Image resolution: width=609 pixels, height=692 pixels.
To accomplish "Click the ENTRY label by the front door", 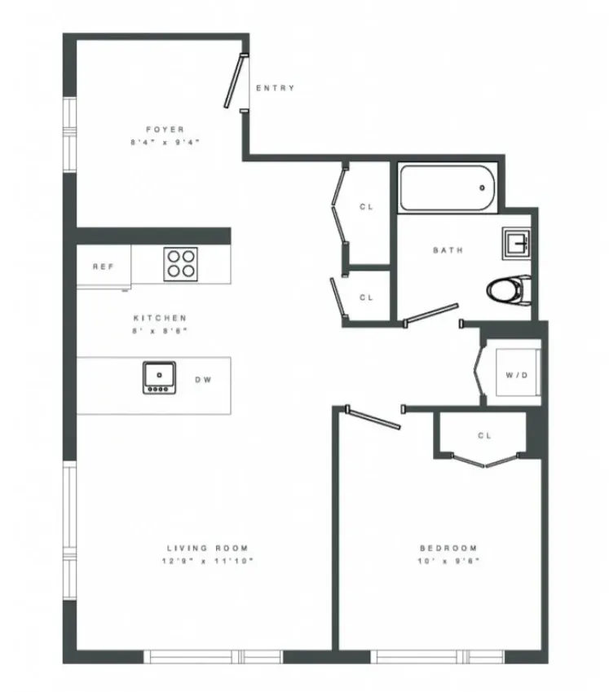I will pyautogui.click(x=275, y=88).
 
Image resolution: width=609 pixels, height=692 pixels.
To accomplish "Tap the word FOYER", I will pyautogui.click(x=165, y=129).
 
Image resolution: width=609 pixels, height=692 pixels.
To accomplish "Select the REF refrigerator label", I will pyautogui.click(x=102, y=267).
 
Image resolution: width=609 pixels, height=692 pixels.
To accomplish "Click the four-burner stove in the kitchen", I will pyautogui.click(x=180, y=263).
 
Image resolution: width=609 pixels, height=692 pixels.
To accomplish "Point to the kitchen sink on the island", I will pyautogui.click(x=160, y=377).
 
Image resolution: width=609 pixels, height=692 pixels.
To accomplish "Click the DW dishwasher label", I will pyautogui.click(x=201, y=379).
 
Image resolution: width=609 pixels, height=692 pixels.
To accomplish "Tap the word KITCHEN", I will pyautogui.click(x=160, y=318).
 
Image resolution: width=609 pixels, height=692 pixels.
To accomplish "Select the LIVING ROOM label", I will pyautogui.click(x=207, y=549).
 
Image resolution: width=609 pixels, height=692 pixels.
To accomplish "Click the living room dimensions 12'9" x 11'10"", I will pyautogui.click(x=207, y=562).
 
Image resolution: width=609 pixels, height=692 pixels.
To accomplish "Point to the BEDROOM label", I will pyautogui.click(x=448, y=549).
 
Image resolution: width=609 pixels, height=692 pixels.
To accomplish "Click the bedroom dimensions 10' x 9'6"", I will pyautogui.click(x=448, y=562).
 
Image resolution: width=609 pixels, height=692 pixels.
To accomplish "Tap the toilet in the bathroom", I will pyautogui.click(x=506, y=288).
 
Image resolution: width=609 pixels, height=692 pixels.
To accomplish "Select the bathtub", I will pyautogui.click(x=447, y=188).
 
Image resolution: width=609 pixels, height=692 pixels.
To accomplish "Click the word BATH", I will pyautogui.click(x=448, y=250).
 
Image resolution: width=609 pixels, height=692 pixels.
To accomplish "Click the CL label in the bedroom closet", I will pyautogui.click(x=484, y=435).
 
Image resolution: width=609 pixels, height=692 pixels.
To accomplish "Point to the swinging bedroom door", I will pyautogui.click(x=373, y=417).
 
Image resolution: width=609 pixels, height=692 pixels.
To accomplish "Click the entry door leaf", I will pyautogui.click(x=234, y=81).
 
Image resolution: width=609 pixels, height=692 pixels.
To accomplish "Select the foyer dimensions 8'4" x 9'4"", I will pyautogui.click(x=165, y=142).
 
